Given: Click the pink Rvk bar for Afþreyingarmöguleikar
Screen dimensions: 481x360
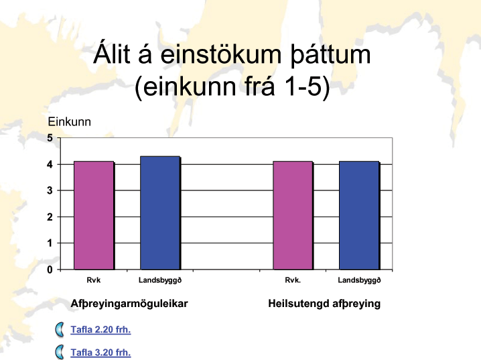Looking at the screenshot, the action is click(94, 215).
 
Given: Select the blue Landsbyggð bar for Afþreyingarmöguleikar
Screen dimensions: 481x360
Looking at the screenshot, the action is click(160, 213).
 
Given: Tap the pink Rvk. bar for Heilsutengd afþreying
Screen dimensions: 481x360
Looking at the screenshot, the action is click(293, 215).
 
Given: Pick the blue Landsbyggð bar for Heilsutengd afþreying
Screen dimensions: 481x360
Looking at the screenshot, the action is click(359, 215).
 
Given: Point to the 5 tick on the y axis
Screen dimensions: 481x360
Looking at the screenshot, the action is click(50, 138).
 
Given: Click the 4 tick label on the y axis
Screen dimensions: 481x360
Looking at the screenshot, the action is click(50, 164).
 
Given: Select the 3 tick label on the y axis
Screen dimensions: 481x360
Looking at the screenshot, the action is click(50, 190).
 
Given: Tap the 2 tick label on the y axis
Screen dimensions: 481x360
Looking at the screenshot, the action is click(50, 217).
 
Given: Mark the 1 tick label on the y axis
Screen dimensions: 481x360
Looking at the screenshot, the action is click(50, 243).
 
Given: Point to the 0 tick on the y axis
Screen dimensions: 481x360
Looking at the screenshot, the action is click(50, 269).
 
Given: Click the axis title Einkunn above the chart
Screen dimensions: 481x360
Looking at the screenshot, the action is click(69, 122).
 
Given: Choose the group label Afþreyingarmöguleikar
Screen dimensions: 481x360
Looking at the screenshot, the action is click(129, 304).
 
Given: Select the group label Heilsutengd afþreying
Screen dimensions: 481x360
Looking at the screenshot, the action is click(324, 304).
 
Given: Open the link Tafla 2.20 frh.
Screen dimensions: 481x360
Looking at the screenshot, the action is click(100, 330).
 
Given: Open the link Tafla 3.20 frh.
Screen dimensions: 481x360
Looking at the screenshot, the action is click(100, 353).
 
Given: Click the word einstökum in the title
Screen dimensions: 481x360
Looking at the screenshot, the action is click(221, 54).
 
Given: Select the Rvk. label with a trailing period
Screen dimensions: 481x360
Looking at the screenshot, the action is click(293, 280).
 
